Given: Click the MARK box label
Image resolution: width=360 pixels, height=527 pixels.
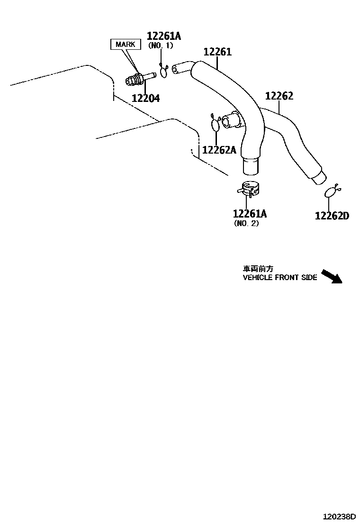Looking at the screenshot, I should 126,45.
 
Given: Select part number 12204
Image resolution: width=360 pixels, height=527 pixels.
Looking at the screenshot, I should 145,99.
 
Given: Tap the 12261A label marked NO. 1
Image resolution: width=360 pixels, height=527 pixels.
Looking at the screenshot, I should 164,36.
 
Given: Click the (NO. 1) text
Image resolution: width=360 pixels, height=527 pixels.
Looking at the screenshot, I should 161,45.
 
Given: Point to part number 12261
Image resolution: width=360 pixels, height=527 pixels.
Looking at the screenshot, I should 217,52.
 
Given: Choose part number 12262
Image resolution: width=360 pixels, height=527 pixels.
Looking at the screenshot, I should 279,96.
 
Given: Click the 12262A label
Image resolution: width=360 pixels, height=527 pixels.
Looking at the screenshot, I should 219,150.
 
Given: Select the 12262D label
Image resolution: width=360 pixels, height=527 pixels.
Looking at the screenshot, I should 332,216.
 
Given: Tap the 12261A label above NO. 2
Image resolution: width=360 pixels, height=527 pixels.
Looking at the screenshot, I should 250,214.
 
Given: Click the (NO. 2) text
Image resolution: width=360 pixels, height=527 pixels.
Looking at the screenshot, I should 246,223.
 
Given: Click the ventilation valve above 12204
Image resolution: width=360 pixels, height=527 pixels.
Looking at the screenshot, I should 140,78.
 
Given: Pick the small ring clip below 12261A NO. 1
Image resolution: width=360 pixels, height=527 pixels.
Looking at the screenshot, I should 164,71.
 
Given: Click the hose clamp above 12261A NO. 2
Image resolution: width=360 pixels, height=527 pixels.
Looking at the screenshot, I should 250,189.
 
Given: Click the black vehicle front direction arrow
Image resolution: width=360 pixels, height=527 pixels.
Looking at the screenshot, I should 331,276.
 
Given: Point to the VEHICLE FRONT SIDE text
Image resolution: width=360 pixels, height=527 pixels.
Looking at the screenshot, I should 279,277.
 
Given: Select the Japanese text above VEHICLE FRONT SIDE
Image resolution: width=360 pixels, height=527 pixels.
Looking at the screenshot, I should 258,268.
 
